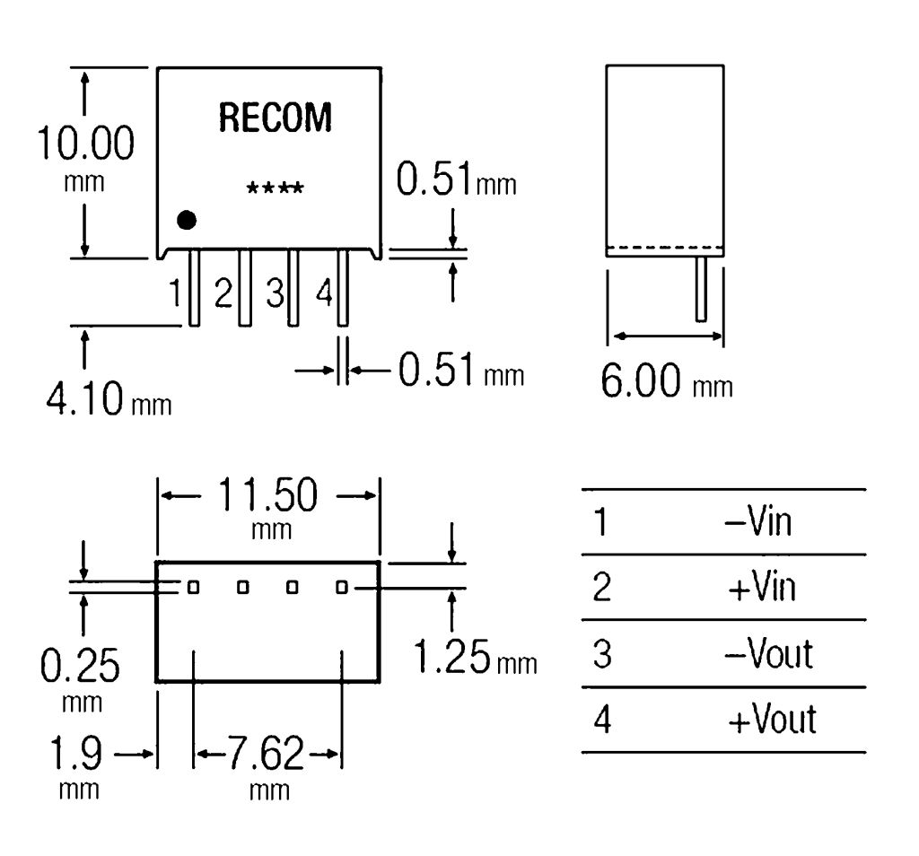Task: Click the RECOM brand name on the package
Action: click(x=275, y=118)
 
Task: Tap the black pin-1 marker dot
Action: click(x=187, y=219)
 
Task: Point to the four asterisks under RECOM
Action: click(x=276, y=189)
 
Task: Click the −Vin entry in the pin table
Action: click(x=758, y=521)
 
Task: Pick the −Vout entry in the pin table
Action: click(x=768, y=653)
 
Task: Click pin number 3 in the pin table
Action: click(x=603, y=653)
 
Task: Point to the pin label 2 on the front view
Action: click(x=223, y=293)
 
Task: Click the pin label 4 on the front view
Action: click(x=324, y=293)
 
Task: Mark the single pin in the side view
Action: click(x=701, y=288)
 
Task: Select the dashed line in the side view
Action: click(x=665, y=248)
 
